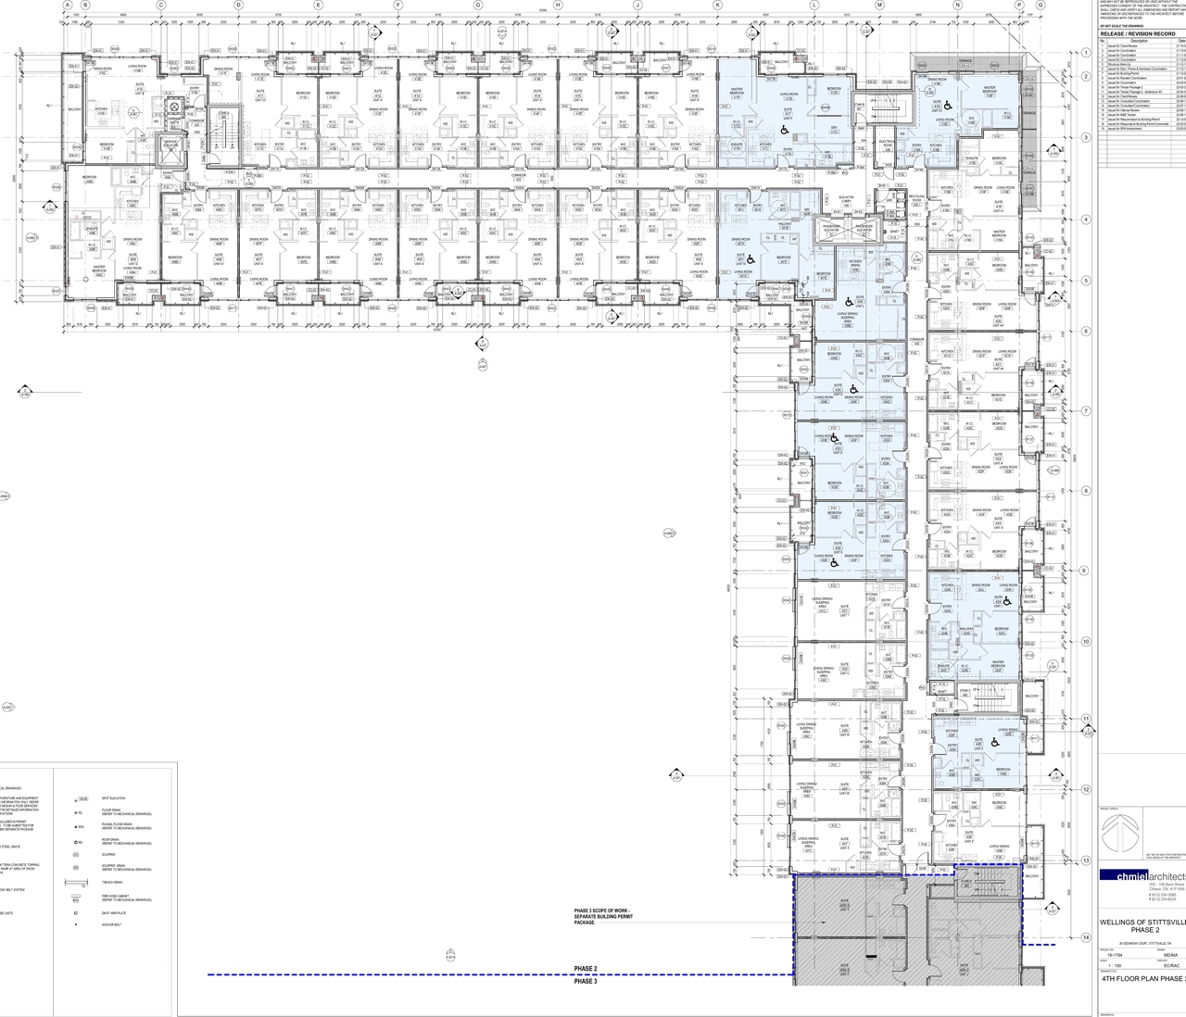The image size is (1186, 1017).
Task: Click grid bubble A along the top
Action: (x=68, y=5)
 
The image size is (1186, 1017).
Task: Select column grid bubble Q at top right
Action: (x=1041, y=5)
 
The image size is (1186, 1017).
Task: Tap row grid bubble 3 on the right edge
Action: (x=1086, y=137)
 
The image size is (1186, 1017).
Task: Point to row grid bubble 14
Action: (x=1086, y=937)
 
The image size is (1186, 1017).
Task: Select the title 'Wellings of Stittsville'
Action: (x=1142, y=923)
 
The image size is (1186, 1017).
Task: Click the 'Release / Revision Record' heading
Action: (x=1137, y=33)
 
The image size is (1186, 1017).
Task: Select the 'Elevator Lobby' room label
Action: (x=845, y=198)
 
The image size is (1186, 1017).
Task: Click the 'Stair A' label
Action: (x=222, y=114)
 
